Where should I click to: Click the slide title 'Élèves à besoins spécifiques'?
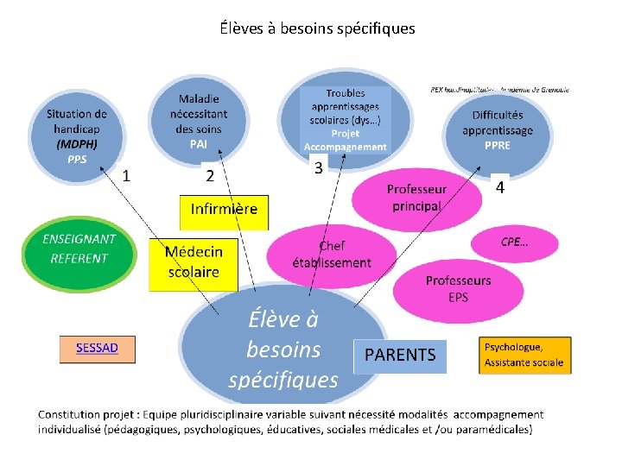[x=317, y=28]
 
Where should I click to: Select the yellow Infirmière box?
[x=224, y=210]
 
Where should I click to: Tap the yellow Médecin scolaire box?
[x=194, y=261]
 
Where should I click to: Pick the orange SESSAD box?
[x=97, y=349]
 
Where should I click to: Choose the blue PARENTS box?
[x=400, y=355]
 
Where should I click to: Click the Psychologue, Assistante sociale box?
[x=524, y=355]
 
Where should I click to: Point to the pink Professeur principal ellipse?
[x=416, y=198]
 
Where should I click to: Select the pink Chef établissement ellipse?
[x=331, y=255]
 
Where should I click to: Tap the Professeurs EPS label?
[x=458, y=288]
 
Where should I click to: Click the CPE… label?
[x=515, y=242]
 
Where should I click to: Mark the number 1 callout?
[x=127, y=176]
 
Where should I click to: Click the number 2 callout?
[x=210, y=176]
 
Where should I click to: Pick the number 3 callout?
[x=319, y=168]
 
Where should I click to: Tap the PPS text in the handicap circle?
[x=77, y=160]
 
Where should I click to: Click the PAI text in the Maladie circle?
[x=199, y=144]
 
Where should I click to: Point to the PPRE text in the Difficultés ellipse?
[x=498, y=145]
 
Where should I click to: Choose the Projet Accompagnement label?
[x=346, y=140]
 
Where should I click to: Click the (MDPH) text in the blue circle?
[x=77, y=143]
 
